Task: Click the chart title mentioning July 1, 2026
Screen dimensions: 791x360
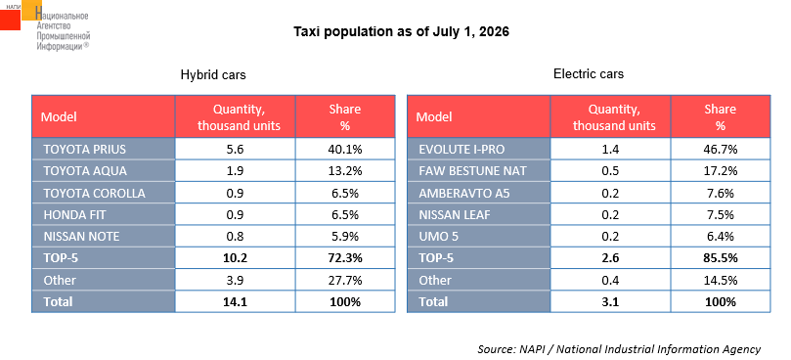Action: pos(402,32)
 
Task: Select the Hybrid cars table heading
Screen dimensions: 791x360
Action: pos(213,75)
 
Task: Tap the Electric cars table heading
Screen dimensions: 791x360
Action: pos(589,74)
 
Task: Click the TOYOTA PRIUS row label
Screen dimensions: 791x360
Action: pos(84,150)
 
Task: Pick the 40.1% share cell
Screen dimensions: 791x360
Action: pos(345,150)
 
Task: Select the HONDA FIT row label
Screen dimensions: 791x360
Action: pos(74,214)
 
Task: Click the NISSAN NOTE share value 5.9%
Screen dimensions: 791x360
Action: pos(345,237)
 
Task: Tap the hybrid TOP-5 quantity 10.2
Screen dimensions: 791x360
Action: pos(235,258)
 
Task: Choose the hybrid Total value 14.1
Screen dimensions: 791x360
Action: pos(235,302)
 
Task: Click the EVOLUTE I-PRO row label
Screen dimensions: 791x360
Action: pos(461,150)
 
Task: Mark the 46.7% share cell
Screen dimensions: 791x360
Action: pos(721,150)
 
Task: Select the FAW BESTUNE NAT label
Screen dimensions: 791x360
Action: pos(472,171)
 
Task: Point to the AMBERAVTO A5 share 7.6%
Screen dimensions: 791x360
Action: pos(721,193)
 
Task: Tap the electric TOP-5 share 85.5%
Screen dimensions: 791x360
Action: pos(721,258)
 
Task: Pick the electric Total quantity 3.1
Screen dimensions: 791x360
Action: pos(610,302)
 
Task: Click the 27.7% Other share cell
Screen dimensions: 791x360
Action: pos(345,280)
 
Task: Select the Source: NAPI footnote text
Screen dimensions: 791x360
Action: pos(619,349)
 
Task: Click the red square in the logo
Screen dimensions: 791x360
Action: pos(10,20)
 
